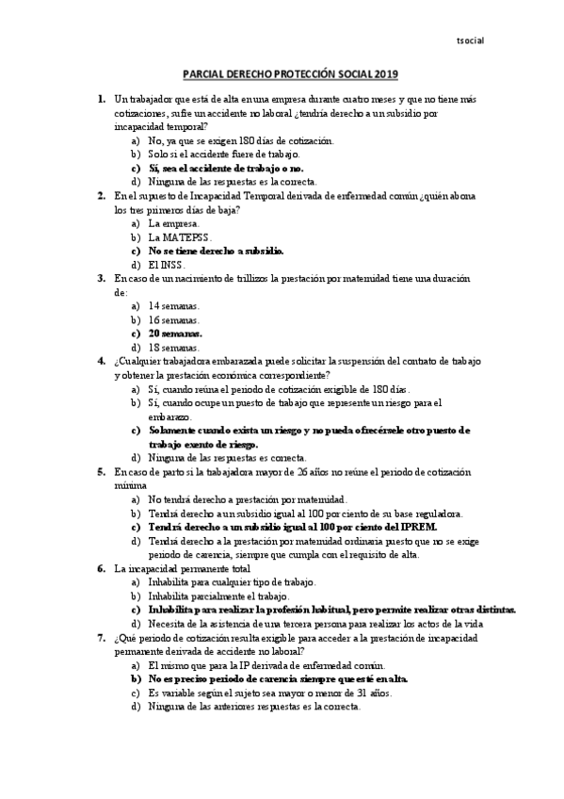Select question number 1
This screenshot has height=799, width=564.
coord(101,99)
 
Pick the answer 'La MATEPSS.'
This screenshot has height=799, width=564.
coord(180,237)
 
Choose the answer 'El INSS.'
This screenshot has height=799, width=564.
coord(168,265)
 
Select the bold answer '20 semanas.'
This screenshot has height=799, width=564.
coord(175,334)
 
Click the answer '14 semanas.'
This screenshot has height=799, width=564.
coord(173,306)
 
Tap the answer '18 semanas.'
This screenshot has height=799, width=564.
coord(173,348)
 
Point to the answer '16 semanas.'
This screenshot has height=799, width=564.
coord(173,320)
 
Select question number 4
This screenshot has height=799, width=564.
coord(101,362)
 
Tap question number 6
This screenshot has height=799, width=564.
coord(101,569)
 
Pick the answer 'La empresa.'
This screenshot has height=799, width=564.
coord(173,224)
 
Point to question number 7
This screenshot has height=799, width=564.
coord(101,638)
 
